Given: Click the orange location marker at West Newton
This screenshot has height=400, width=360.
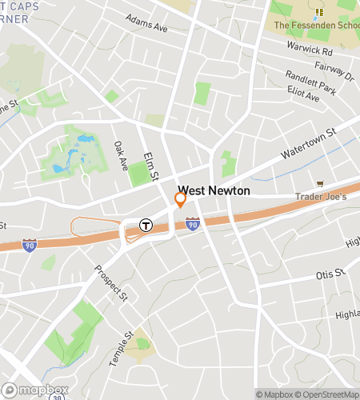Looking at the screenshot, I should (181, 198).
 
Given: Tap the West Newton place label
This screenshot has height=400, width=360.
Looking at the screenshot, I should (214, 191).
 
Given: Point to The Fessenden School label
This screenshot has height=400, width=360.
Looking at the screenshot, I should (316, 25).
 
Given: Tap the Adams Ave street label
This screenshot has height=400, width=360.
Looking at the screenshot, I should (146, 22).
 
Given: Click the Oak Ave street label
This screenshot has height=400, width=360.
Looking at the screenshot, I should (121, 156).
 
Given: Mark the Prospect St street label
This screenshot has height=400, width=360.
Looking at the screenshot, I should (111, 283).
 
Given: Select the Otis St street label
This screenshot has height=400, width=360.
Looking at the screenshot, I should (330, 274).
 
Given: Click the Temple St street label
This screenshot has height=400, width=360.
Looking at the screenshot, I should (120, 348).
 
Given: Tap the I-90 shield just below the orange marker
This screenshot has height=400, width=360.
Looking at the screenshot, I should (192, 226).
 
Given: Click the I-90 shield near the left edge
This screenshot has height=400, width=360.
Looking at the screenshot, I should (30, 243).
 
